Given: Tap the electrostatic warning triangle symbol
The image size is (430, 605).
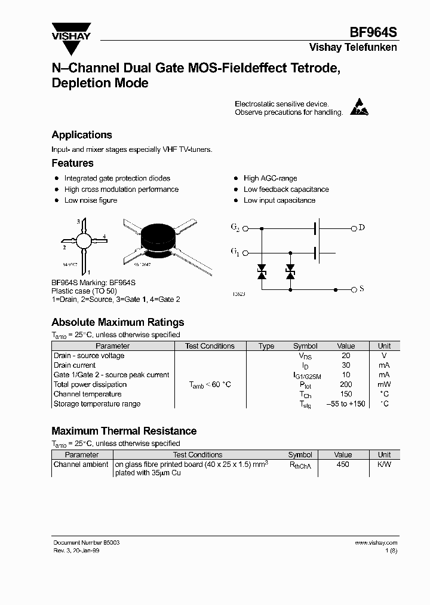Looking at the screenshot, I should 358,107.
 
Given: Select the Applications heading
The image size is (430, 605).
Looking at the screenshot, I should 82,135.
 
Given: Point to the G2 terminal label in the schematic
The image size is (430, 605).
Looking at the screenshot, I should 235,228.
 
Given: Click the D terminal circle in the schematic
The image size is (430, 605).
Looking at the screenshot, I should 354,228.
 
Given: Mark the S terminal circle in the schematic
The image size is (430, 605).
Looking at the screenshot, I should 354,289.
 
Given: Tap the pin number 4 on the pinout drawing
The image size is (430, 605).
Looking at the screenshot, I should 105,237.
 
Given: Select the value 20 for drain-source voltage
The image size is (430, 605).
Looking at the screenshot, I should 346,356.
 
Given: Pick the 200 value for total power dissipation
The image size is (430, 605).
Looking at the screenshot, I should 346,384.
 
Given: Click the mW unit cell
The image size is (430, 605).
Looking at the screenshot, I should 384,384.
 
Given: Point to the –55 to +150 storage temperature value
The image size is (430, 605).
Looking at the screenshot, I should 346,404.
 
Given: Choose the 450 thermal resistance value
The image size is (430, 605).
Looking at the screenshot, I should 343,465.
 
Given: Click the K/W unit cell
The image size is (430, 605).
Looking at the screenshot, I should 384,465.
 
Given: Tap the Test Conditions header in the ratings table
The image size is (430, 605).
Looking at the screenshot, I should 210,346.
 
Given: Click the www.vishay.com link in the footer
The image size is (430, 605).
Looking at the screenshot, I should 376,542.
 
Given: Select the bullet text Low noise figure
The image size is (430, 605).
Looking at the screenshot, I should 91,200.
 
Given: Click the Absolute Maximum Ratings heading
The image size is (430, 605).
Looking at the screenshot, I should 118,322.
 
